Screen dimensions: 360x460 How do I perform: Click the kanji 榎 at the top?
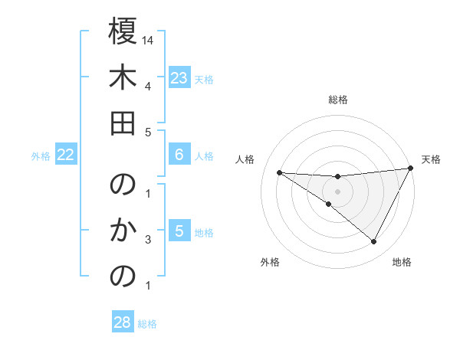(x=123, y=31)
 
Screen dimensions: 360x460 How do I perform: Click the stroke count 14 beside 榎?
(x=149, y=39)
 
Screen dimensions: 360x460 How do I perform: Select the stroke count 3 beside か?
(x=148, y=240)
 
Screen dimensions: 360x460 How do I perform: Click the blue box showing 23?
(x=179, y=77)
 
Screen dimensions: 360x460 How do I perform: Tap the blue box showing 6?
(x=179, y=155)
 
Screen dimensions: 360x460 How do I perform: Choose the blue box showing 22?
(x=66, y=155)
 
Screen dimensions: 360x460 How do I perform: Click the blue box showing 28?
(x=123, y=322)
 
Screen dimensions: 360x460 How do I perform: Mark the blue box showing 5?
(x=179, y=231)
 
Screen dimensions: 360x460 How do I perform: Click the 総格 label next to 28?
(x=147, y=324)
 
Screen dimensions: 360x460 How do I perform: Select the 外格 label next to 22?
(x=41, y=156)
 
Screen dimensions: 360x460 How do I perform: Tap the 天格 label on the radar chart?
(x=431, y=159)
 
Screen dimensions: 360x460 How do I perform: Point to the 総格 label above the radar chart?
(x=338, y=100)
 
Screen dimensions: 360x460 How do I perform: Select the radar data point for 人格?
(x=279, y=172)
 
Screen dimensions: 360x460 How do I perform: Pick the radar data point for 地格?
(x=374, y=242)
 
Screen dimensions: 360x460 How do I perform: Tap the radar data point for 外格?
(x=329, y=204)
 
